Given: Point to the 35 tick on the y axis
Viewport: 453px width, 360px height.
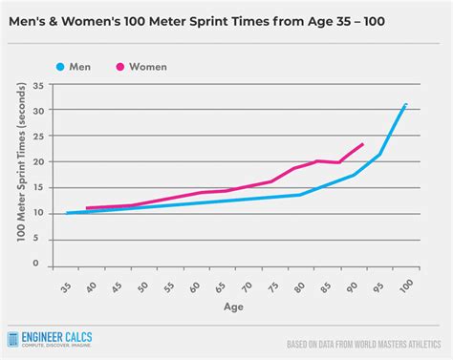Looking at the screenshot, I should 37,85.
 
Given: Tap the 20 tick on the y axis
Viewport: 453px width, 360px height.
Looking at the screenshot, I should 37,161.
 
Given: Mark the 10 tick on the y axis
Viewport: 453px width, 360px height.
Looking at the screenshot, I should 37,213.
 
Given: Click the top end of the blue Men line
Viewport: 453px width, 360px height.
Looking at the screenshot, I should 405,104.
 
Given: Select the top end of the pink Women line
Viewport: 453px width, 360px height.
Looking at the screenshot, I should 363,144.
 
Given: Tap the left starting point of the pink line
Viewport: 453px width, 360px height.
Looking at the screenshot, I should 87,208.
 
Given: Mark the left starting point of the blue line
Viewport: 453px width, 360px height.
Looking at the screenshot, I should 66,213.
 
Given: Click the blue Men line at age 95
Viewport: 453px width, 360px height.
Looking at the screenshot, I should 380,154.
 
